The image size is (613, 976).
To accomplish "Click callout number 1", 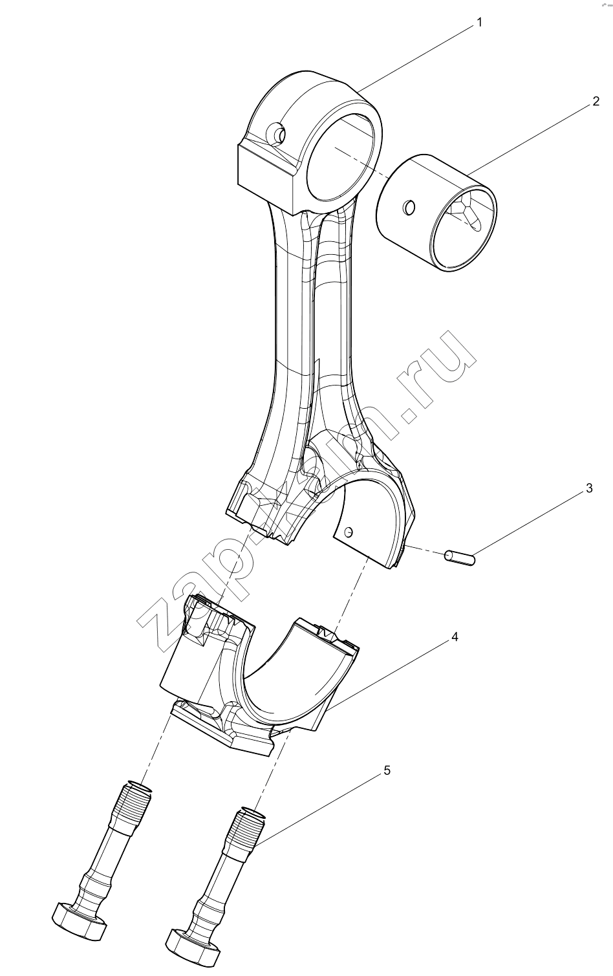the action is [479, 23].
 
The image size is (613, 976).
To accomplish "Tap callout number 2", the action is [596, 101].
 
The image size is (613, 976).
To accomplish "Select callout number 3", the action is [588, 488].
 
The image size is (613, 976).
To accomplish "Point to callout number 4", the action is [455, 637].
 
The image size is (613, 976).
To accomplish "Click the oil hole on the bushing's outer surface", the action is [409, 208].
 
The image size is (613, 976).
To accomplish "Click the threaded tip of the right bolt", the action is [250, 822].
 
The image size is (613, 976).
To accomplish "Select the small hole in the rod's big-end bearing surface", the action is [348, 532].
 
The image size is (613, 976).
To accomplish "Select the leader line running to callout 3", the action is [529, 523].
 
